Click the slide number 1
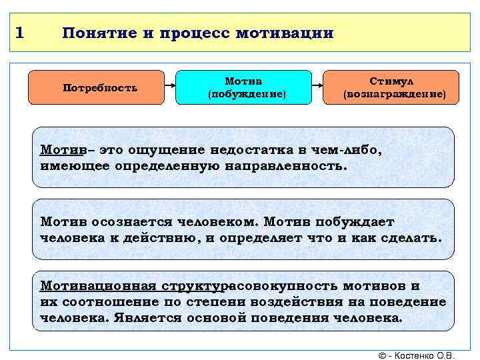coord(20,32)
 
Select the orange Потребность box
coord(100,87)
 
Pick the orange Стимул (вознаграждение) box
coord(391,87)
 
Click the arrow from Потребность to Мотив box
coord(170,87)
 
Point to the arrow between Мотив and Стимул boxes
coord(317,87)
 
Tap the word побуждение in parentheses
coord(247,95)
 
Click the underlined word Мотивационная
coord(96,286)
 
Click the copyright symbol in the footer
coord(381,355)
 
